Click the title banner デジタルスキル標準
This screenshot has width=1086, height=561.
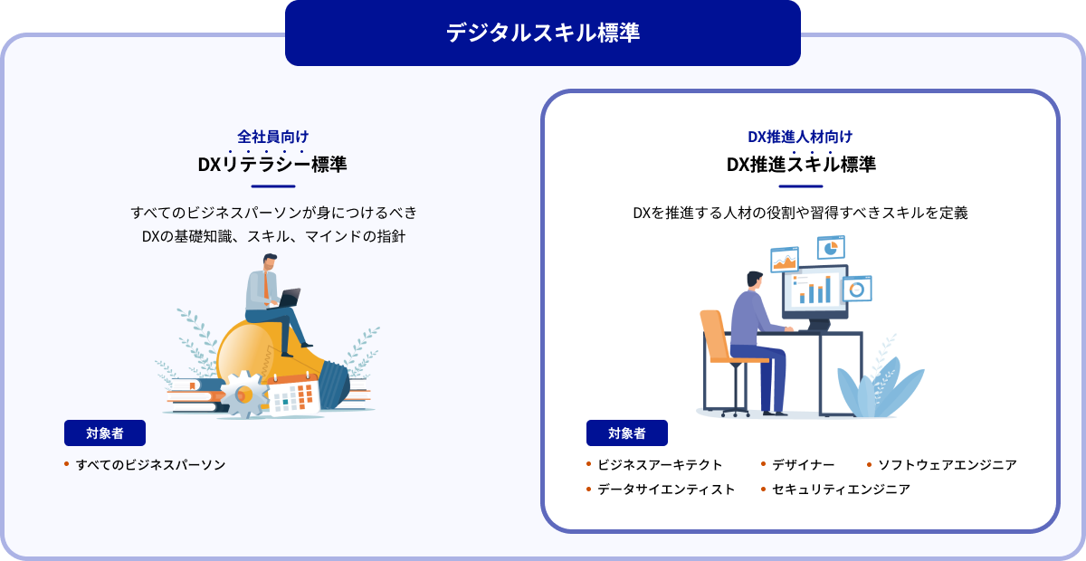click(x=542, y=33)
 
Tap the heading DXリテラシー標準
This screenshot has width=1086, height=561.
click(x=272, y=165)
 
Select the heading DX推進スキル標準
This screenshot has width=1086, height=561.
click(x=801, y=165)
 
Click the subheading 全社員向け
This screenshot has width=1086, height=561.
click(x=273, y=137)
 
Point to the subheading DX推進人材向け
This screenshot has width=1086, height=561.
click(x=800, y=137)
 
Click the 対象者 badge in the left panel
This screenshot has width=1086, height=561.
click(x=105, y=433)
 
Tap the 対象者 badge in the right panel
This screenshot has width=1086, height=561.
click(x=627, y=433)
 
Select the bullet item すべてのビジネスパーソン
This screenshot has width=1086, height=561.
click(x=151, y=464)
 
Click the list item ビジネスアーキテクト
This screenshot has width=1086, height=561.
click(x=660, y=464)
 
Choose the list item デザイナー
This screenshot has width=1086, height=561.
click(x=803, y=464)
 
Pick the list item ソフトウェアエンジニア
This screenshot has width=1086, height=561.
click(x=948, y=464)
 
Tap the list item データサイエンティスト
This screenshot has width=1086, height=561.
click(x=666, y=490)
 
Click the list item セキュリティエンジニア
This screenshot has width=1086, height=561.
click(x=841, y=490)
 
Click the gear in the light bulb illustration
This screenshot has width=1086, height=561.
click(x=243, y=395)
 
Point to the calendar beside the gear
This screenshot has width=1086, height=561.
click(x=294, y=395)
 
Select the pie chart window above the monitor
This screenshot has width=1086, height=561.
click(x=831, y=248)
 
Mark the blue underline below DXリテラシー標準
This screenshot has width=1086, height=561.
click(x=273, y=186)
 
